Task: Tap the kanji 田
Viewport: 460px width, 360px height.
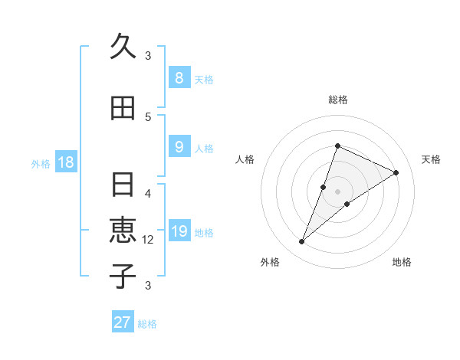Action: pyautogui.click(x=123, y=109)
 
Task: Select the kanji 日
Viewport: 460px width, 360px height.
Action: pyautogui.click(x=123, y=185)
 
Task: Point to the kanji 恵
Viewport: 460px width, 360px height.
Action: pyautogui.click(x=123, y=230)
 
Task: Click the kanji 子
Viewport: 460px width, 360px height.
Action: pyautogui.click(x=123, y=276)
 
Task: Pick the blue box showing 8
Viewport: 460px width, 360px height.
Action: pyautogui.click(x=179, y=77)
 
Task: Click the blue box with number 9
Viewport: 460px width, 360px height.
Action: pyautogui.click(x=179, y=146)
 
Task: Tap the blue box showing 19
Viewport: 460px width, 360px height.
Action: pyautogui.click(x=179, y=232)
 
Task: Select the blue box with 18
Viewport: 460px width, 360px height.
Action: pyautogui.click(x=65, y=162)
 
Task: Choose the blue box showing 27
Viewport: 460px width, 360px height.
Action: pyautogui.click(x=123, y=322)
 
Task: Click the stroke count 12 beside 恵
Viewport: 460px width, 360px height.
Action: pyautogui.click(x=148, y=240)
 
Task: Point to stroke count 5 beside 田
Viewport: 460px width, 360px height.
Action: pyautogui.click(x=148, y=116)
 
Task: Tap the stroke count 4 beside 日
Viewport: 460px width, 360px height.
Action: pyautogui.click(x=148, y=194)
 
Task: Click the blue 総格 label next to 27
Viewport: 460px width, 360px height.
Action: pyautogui.click(x=148, y=324)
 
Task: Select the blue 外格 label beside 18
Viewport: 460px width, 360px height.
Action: pyautogui.click(x=41, y=163)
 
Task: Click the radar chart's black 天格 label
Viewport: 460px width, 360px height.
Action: pyautogui.click(x=431, y=159)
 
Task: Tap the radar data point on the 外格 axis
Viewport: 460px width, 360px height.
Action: pyautogui.click(x=302, y=242)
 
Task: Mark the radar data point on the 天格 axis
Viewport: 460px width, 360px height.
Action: pyautogui.click(x=396, y=172)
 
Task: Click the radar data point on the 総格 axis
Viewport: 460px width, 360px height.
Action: pyautogui.click(x=337, y=146)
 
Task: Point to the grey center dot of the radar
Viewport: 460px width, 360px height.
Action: pyautogui.click(x=338, y=191)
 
